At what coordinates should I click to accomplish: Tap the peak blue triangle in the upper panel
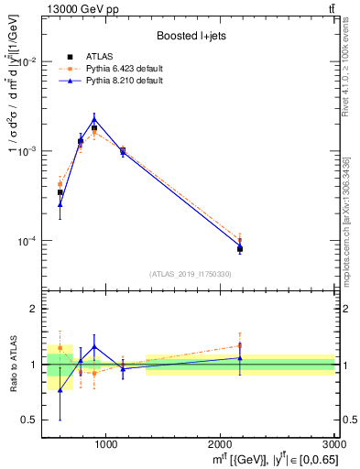pos(94,118)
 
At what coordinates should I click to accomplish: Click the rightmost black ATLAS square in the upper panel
pos(240,248)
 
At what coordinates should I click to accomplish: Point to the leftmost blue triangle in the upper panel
pos(60,204)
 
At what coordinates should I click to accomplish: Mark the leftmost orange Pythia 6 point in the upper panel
pos(60,184)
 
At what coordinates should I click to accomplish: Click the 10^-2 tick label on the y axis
pos(29,62)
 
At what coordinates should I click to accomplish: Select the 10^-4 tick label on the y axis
pos(29,242)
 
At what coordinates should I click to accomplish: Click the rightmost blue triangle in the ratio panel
pos(240,358)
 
